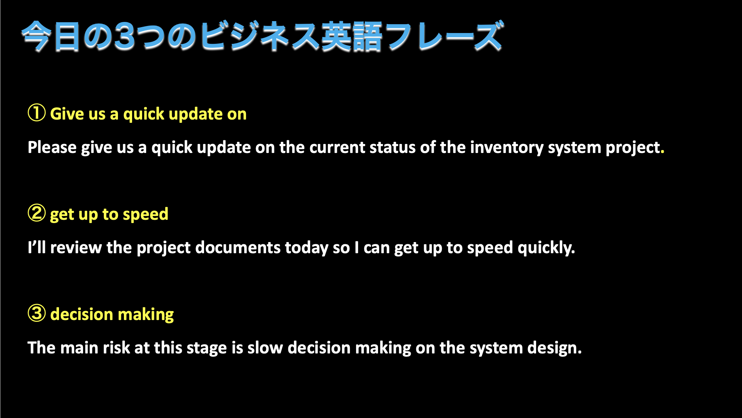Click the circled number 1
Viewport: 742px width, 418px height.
37,113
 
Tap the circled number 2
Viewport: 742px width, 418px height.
37,213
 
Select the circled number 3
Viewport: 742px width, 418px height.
37,313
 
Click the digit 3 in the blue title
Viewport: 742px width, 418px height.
125,36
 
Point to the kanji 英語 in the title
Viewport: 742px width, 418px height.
351,36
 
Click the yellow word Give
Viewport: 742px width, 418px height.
67,114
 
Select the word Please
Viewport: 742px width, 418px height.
52,147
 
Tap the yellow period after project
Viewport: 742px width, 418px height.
663,152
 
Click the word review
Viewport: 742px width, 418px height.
76,248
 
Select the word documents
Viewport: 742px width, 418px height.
238,248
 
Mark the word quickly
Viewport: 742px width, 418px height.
546,248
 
